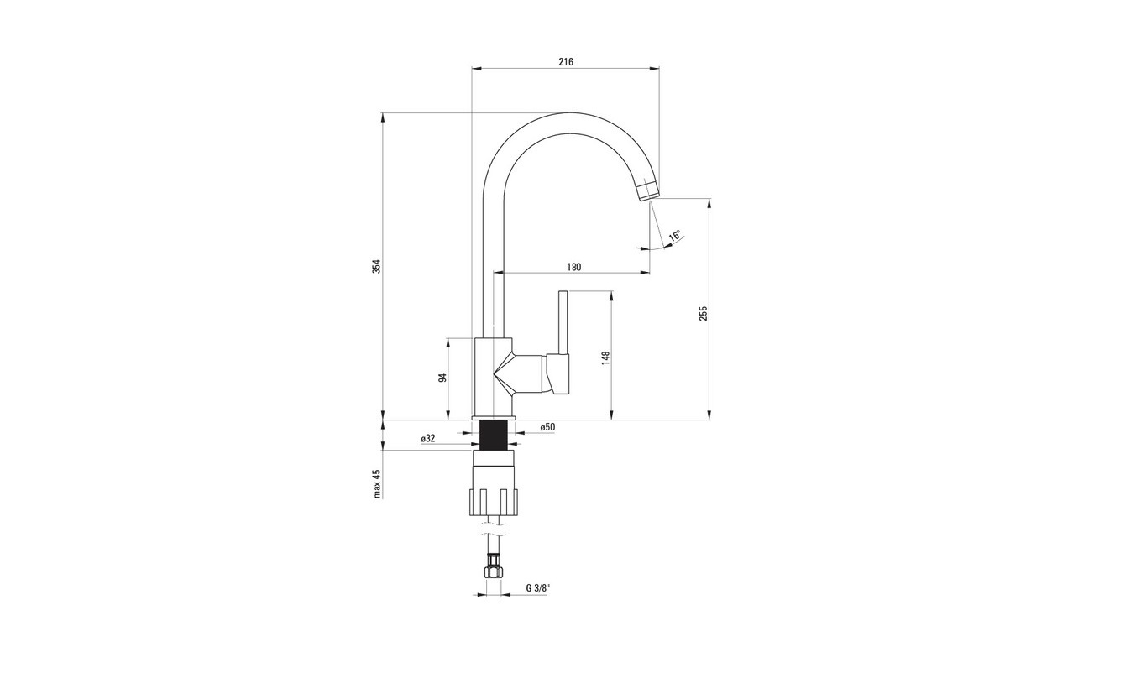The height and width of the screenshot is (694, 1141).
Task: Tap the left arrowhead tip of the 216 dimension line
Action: pos(472,68)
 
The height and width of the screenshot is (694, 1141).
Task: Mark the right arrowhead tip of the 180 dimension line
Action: pos(650,274)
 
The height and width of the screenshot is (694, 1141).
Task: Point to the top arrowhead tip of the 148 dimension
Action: pos(611,291)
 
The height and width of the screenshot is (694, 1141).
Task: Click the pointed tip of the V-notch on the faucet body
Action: pos(493,374)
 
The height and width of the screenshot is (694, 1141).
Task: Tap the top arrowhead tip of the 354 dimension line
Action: pos(383,112)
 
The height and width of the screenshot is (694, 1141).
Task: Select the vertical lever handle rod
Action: pos(563,323)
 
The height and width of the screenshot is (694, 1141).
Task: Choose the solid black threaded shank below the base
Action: pos(494,436)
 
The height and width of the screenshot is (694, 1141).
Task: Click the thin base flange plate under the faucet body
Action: pos(494,418)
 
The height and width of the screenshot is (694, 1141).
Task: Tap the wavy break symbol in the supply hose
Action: pos(493,529)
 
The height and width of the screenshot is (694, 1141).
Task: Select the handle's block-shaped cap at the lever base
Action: pos(558,374)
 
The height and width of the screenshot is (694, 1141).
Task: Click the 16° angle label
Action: pos(675,236)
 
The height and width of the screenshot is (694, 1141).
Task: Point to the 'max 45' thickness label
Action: pos(377,483)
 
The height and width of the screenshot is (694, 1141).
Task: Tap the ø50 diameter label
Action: pos(547,426)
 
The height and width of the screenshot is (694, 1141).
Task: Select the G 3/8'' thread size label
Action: pos(539,588)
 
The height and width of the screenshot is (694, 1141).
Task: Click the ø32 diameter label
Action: pos(428,438)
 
